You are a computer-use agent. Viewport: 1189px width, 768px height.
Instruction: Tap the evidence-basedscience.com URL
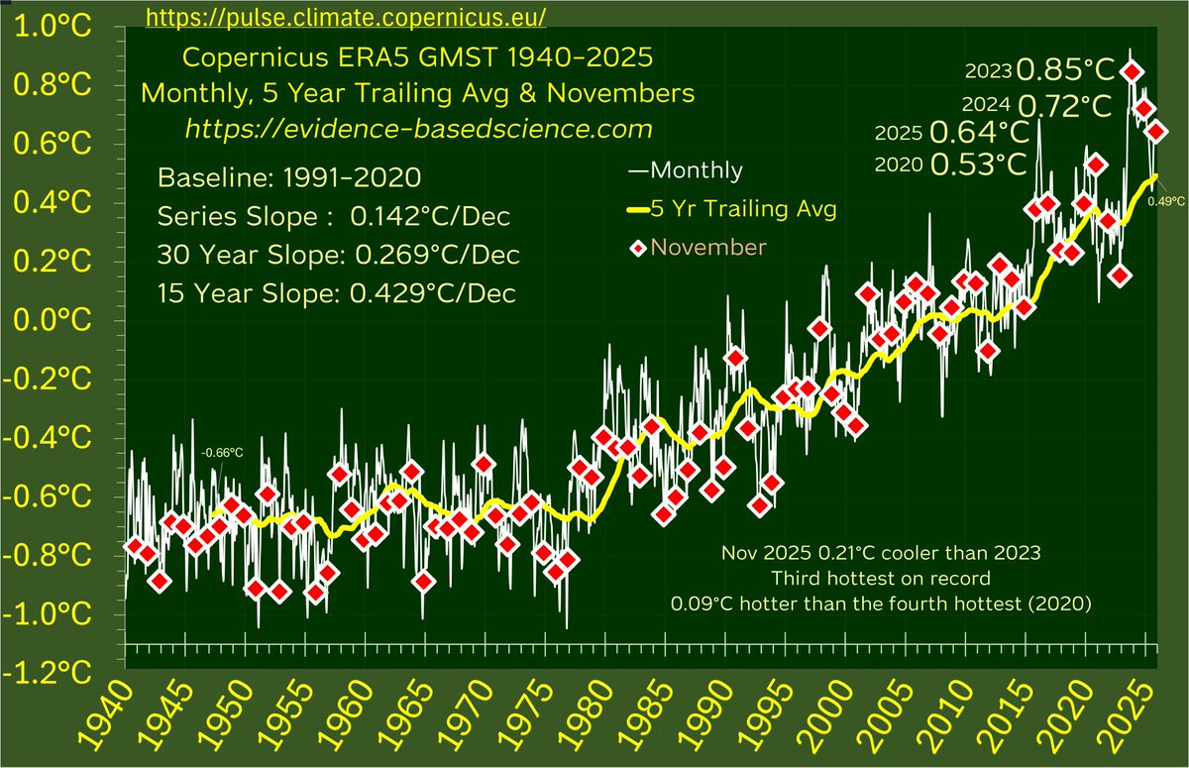419,129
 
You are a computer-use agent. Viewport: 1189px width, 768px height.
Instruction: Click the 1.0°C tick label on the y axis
54,29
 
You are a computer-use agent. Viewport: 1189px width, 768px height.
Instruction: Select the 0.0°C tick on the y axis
54,321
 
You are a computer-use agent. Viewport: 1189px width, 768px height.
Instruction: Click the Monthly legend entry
686,170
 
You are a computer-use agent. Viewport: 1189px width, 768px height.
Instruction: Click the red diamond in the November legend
639,247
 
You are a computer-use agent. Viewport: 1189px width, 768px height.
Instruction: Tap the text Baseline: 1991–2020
289,179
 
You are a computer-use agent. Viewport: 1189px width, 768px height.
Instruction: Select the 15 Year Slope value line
338,294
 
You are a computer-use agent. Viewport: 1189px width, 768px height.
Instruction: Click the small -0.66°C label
221,453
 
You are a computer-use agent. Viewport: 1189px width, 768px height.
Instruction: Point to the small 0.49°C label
1166,201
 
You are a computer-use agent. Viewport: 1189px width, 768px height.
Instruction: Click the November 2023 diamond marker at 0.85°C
1131,71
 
